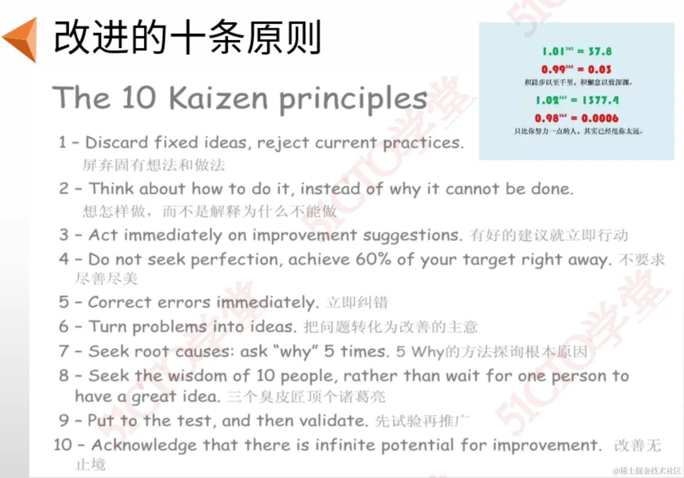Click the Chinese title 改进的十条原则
click(x=187, y=38)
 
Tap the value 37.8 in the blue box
click(x=600, y=51)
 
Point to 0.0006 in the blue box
click(x=600, y=118)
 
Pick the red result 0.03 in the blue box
click(x=599, y=69)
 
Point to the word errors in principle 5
click(x=183, y=302)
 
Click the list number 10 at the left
click(x=63, y=445)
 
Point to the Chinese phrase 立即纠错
click(x=357, y=303)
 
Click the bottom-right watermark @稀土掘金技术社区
click(x=647, y=471)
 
